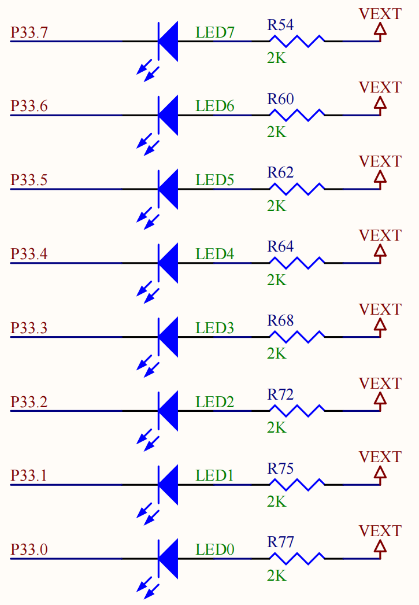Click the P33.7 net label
point(29,33)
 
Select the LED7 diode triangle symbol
point(168,41)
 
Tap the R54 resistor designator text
point(280,25)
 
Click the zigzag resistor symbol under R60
point(297,115)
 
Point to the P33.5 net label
point(29,180)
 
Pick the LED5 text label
point(214,180)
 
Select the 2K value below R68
point(276,353)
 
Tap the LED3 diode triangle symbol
point(168,337)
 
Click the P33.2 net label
point(29,402)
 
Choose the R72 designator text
point(280,395)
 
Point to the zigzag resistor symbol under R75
point(297,485)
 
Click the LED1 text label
point(214,476)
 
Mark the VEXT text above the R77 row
point(380,531)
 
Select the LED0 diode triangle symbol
point(168,559)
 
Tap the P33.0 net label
point(29,550)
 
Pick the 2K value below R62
point(276,206)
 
